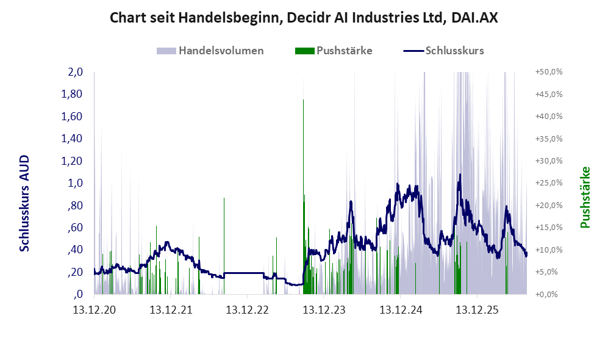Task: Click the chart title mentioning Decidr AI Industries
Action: [x=304, y=18]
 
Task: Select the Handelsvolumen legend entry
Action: [x=210, y=51]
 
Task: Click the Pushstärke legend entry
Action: [x=334, y=51]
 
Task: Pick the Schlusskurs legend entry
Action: [x=443, y=51]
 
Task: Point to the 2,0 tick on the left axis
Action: [x=76, y=72]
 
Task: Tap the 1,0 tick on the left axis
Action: [x=76, y=183]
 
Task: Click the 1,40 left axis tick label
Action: [x=72, y=139]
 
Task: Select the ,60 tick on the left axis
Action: [x=76, y=228]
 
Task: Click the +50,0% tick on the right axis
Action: [x=549, y=72]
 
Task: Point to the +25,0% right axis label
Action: [x=549, y=183]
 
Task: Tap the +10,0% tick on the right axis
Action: [x=549, y=250]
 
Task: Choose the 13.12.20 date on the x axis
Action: [x=95, y=310]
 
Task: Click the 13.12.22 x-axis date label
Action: [x=248, y=310]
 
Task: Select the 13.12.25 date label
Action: [x=477, y=310]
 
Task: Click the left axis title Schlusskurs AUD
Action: [x=24, y=203]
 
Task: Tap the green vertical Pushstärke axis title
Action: [x=585, y=197]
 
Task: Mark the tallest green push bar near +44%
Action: [x=303, y=196]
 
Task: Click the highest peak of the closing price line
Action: [x=460, y=175]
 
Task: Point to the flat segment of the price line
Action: [x=244, y=273]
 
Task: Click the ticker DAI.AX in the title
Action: [x=475, y=18]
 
